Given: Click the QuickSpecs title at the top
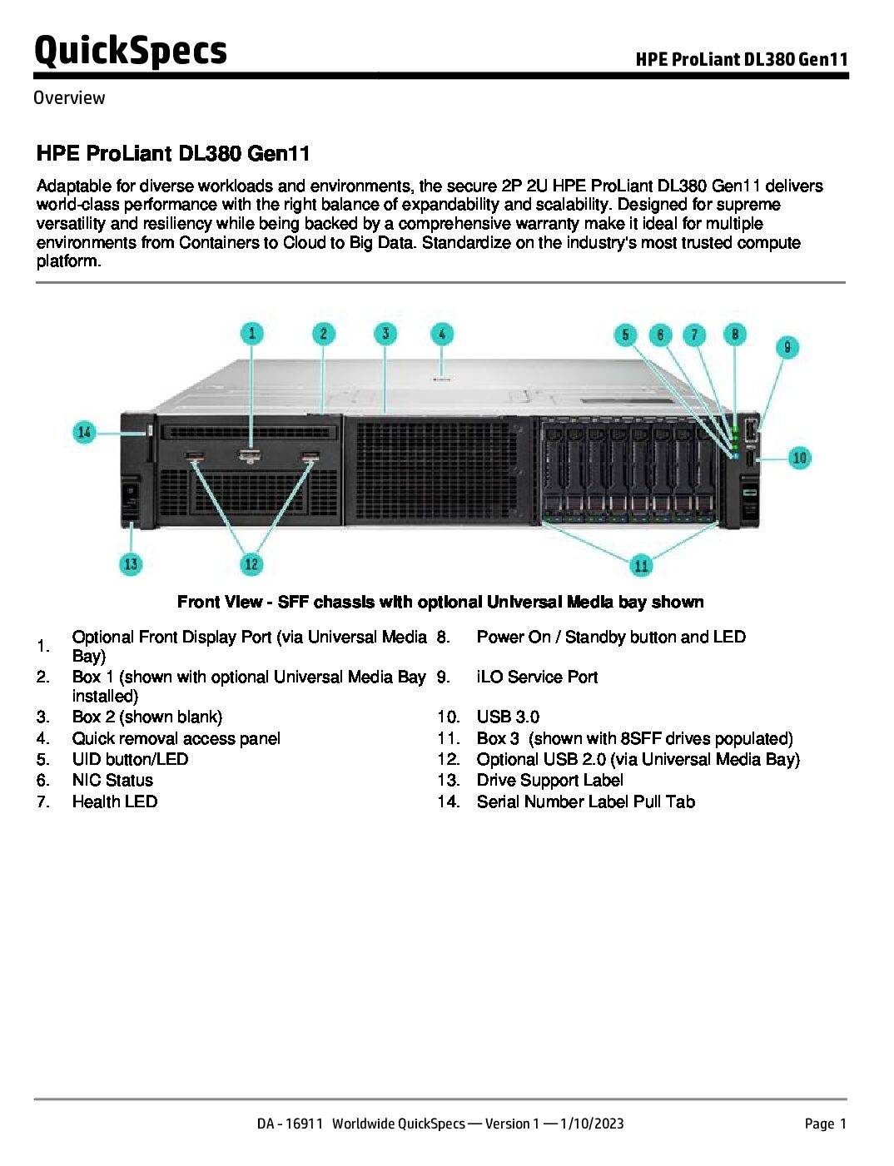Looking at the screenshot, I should [x=131, y=51].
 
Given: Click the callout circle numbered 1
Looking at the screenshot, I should [x=251, y=334].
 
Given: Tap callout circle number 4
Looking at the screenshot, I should [x=442, y=334].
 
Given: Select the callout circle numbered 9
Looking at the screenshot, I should [x=787, y=346].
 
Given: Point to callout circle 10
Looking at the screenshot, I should [x=799, y=457].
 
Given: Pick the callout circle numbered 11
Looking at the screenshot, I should [x=641, y=566].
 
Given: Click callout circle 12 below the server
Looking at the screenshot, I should [x=251, y=564].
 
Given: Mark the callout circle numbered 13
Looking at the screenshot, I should [x=131, y=564].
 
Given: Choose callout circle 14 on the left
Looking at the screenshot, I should [x=84, y=432].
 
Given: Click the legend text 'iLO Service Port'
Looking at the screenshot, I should [x=537, y=677].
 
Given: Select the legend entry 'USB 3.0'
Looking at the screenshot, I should [x=508, y=717].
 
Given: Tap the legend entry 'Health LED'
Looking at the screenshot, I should [x=115, y=801].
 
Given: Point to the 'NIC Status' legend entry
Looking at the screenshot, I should [x=112, y=780].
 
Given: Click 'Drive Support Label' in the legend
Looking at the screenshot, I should [x=549, y=780].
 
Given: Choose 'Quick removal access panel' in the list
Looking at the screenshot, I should [x=176, y=738].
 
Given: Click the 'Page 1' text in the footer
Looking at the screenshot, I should [x=825, y=1124].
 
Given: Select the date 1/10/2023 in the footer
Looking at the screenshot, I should [x=592, y=1124].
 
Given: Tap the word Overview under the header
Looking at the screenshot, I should [x=69, y=97].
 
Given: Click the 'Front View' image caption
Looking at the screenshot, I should [x=440, y=602].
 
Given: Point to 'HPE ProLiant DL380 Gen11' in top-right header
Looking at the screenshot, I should [x=742, y=59].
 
